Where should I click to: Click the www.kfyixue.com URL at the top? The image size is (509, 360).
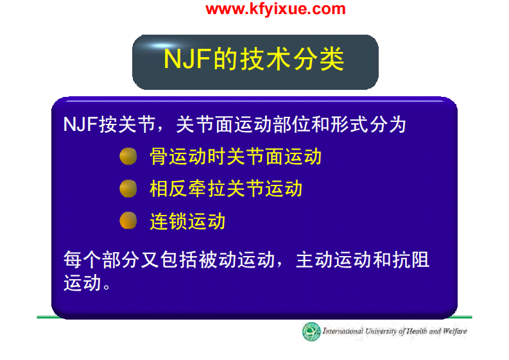coord(275,9)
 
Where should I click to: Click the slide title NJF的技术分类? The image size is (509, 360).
coord(254,59)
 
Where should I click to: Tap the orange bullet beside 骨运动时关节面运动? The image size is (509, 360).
coord(128,156)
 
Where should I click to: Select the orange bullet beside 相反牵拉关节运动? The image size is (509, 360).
coord(128,189)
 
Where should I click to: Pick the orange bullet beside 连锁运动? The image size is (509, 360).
coord(128,221)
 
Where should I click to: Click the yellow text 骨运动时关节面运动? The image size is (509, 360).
coord(235,156)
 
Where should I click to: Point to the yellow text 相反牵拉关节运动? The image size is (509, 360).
coord(225,189)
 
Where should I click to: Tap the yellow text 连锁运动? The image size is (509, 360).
coord(187,221)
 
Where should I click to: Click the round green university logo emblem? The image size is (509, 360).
coord(311,332)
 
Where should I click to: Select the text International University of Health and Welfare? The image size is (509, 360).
coord(394,332)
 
